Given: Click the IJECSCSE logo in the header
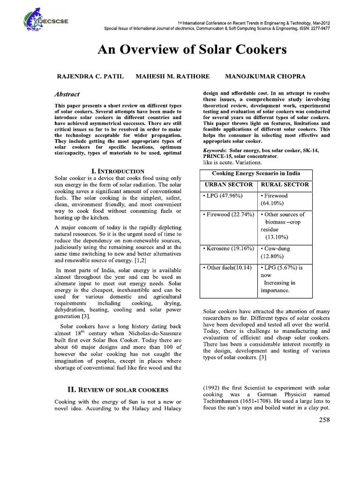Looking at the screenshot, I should [35, 20].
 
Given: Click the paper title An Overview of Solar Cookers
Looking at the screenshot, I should [192, 50].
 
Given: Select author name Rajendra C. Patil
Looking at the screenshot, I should [90, 76].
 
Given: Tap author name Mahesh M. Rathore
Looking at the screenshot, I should [172, 76].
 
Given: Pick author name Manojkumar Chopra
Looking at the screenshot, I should [265, 76].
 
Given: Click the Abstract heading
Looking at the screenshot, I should [67, 94].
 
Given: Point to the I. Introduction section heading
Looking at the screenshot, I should [117, 172].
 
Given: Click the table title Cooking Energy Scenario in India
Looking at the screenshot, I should [256, 173].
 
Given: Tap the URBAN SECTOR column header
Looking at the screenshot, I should [228, 185].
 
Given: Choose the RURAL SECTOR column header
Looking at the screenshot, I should [285, 185].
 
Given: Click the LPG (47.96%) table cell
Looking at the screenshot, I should [223, 195].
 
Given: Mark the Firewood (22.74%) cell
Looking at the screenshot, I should [227, 214].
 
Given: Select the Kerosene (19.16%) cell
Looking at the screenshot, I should [227, 248].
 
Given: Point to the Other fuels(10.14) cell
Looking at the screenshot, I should [227, 268].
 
